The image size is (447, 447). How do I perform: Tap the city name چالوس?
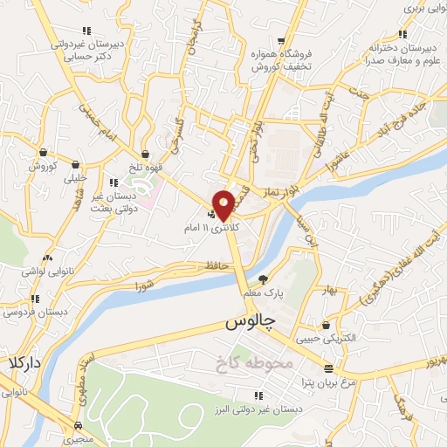tap(251, 321)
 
